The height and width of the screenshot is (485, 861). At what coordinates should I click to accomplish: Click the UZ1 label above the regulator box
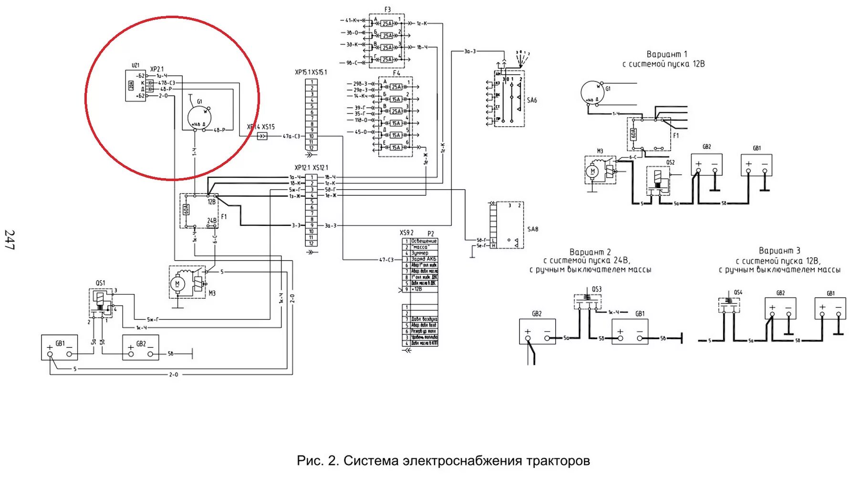(x=135, y=65)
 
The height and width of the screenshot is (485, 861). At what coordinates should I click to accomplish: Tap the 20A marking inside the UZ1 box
(x=131, y=86)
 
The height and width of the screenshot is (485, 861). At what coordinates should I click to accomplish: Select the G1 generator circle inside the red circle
(x=198, y=117)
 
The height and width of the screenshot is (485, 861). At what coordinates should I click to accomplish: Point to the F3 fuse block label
(x=387, y=10)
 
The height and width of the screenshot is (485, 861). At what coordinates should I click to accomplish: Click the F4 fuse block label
(x=396, y=73)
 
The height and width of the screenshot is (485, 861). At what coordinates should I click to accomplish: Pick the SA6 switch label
(x=532, y=100)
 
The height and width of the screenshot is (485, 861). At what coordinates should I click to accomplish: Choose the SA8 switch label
(x=532, y=229)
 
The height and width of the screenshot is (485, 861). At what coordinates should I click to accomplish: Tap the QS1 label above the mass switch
(x=100, y=283)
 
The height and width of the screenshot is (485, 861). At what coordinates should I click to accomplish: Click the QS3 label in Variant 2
(x=597, y=289)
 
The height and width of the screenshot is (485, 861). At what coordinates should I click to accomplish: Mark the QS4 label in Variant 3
(x=738, y=293)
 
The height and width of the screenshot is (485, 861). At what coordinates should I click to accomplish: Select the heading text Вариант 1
(x=666, y=54)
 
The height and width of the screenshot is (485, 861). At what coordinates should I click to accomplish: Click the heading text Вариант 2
(x=590, y=252)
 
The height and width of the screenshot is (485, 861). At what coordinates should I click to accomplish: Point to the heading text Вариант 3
(x=779, y=251)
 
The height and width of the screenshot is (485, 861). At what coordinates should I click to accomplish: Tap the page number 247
(x=10, y=240)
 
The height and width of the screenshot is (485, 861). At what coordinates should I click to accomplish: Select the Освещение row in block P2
(x=424, y=241)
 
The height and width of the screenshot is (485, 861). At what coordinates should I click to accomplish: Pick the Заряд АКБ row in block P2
(x=424, y=259)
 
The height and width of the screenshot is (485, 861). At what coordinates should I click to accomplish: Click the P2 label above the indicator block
(x=431, y=234)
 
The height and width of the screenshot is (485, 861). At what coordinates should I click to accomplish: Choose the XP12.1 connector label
(x=302, y=168)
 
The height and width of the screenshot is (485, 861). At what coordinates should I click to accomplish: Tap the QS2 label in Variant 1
(x=671, y=162)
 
